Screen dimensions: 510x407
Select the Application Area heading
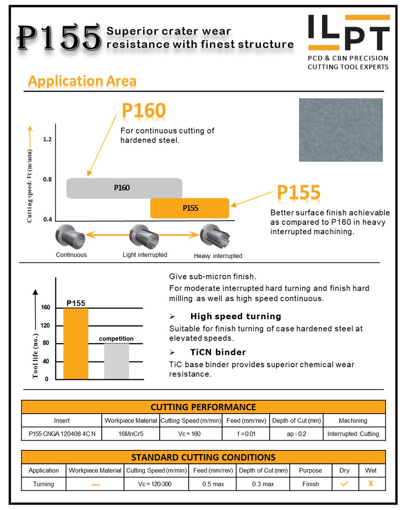coord(82,81)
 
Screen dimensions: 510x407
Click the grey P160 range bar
coord(124,188)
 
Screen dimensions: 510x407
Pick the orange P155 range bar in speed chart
coord(190,208)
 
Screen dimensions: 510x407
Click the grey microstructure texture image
coord(341,130)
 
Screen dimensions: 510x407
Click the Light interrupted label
coord(145,255)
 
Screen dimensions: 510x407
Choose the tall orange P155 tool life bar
coord(76,343)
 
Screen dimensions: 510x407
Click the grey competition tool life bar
coord(116,361)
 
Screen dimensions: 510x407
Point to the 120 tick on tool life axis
coord(45,326)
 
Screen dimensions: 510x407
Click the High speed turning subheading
coord(236,316)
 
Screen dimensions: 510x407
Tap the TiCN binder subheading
coord(218,352)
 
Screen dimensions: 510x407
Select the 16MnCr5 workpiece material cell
coord(130,434)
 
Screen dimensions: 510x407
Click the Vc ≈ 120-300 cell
coord(155,484)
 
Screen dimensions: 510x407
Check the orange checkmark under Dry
coord(345,484)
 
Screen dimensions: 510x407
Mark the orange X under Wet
coord(371,484)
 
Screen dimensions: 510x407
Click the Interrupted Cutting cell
coord(353,434)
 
